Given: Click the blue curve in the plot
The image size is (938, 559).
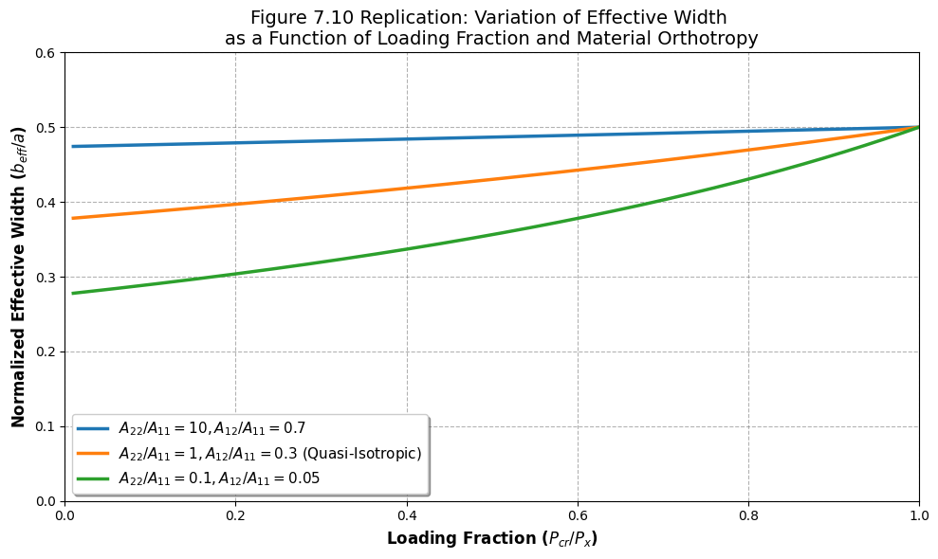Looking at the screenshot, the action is pyautogui.click(x=492, y=137).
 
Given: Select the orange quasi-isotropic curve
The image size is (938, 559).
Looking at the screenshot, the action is pyautogui.click(x=492, y=179).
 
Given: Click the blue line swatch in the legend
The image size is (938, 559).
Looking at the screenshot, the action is pyautogui.click(x=93, y=428).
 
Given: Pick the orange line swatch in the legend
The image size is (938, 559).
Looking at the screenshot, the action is pyautogui.click(x=93, y=454).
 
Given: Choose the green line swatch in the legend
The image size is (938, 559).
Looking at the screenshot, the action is pyautogui.click(x=93, y=478).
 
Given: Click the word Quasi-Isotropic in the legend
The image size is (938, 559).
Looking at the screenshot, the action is pyautogui.click(x=362, y=454).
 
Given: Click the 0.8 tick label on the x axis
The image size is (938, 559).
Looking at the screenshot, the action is pyautogui.click(x=748, y=514).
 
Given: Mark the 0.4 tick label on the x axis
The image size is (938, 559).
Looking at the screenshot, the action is pyautogui.click(x=407, y=514).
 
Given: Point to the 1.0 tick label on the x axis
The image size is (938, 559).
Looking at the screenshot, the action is pyautogui.click(x=919, y=514).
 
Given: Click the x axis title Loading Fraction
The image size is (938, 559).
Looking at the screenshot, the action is pyautogui.click(x=492, y=539).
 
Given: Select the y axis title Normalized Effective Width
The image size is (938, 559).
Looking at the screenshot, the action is pyautogui.click(x=18, y=277).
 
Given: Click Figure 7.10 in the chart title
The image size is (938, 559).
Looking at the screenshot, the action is pyautogui.click(x=303, y=17).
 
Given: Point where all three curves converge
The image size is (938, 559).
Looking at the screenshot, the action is pyautogui.click(x=919, y=127).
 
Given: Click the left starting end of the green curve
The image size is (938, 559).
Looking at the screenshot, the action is pyautogui.click(x=73, y=293).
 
